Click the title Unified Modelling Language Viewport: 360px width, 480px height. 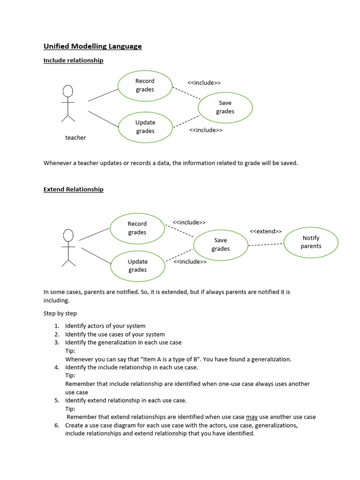tap(92, 46)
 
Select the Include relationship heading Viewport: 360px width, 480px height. tap(73, 60)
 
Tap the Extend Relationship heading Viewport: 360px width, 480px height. tap(73, 189)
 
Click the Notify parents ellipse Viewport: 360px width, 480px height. tap(311, 242)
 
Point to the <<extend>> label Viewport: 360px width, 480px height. tap(265, 231)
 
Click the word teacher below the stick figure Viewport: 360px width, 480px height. tap(75, 137)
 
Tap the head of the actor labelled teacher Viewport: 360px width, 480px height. tap(68, 90)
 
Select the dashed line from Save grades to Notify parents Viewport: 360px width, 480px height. tap(265, 244)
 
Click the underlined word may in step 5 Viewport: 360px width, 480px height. tap(252, 417)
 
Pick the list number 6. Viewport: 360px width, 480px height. tap(56, 425)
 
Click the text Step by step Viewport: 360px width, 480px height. tap(60, 313)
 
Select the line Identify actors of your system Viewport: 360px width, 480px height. tap(105, 326)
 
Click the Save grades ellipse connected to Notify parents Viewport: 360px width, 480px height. tap(220, 244)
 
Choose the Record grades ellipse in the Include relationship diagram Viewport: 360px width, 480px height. tap(145, 85)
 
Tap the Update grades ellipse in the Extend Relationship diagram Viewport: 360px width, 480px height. tap(137, 266)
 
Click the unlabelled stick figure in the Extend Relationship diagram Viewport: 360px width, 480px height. tap(68, 247)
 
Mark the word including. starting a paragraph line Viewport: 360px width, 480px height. tap(56, 300)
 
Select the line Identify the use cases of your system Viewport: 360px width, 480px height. tap(115, 334)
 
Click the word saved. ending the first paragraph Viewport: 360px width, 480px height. tap(289, 163)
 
